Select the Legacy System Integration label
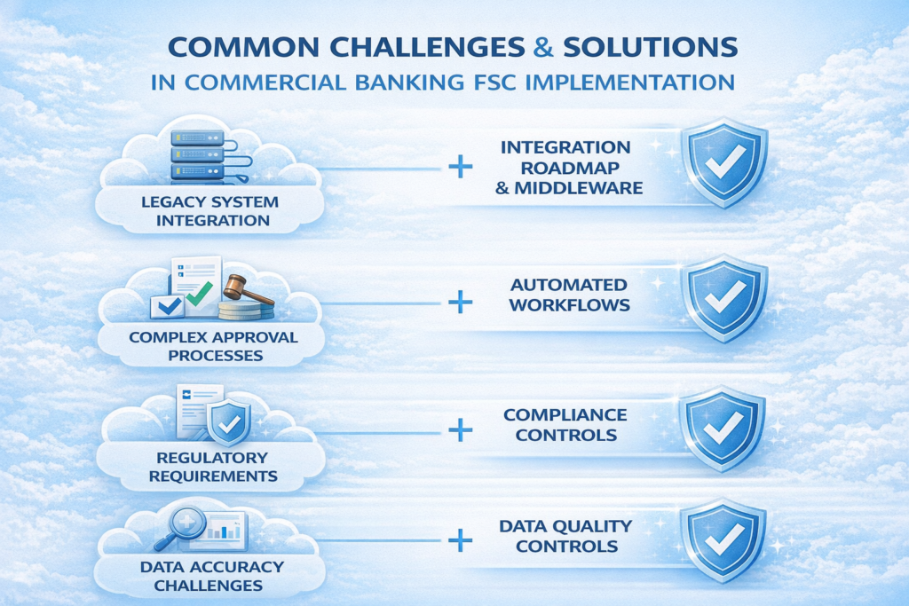click(x=209, y=210)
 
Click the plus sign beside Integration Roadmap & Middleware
click(x=460, y=167)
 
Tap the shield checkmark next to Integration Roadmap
click(x=723, y=162)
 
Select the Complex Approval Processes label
click(x=213, y=346)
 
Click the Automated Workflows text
click(x=569, y=295)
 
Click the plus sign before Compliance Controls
click(x=460, y=430)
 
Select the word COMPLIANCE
click(x=565, y=415)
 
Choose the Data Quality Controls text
click(x=566, y=536)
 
